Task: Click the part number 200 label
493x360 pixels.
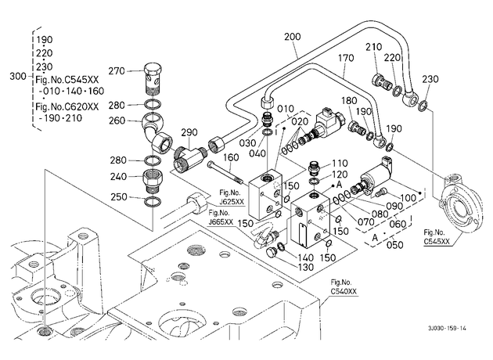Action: click(x=293, y=37)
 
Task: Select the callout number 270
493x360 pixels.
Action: click(x=117, y=71)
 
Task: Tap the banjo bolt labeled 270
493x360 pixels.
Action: click(x=153, y=78)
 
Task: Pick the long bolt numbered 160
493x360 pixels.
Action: click(x=225, y=173)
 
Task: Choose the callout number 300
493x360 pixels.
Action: click(x=18, y=77)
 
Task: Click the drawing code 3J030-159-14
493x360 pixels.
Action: click(x=447, y=328)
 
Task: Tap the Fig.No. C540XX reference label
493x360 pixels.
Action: click(x=343, y=286)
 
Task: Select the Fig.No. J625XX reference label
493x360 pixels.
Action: click(x=232, y=197)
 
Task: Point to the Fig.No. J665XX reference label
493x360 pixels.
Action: click(x=221, y=218)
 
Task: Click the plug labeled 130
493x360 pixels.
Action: click(x=270, y=252)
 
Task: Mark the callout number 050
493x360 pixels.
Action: click(x=394, y=244)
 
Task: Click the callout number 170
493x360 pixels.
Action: click(x=346, y=58)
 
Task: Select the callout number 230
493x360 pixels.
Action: click(x=430, y=78)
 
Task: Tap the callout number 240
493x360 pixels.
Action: click(x=118, y=177)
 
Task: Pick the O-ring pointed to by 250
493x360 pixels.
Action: click(x=153, y=201)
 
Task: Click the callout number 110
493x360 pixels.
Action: click(x=340, y=164)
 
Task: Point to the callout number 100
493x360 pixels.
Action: click(x=408, y=198)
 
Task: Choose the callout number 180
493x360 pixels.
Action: click(x=349, y=101)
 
